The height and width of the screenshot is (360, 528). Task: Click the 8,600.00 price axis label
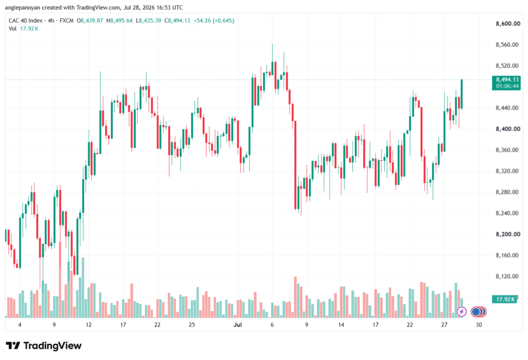[x=508, y=24]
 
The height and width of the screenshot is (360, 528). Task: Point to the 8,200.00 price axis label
[x=508, y=234]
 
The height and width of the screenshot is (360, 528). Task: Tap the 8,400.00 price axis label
[x=508, y=129]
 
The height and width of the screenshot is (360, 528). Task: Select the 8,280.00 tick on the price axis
[x=507, y=192]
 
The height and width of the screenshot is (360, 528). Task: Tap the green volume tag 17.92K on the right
[x=504, y=299]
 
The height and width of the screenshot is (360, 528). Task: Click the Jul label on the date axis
[x=238, y=324]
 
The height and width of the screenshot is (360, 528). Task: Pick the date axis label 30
[x=478, y=324]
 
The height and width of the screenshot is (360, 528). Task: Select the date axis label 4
[x=20, y=324]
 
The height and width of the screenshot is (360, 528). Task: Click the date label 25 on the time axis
[x=192, y=324]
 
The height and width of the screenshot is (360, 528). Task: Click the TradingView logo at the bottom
[x=44, y=346]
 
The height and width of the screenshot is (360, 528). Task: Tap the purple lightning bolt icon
[x=461, y=312]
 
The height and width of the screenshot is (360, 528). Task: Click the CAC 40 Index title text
[x=26, y=21]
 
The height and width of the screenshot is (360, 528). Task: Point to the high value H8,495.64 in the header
[x=120, y=21]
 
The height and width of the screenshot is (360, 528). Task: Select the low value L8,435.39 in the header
[x=148, y=21]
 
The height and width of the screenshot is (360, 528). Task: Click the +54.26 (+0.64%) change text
[x=214, y=21]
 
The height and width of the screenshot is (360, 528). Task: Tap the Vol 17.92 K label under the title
[x=24, y=29]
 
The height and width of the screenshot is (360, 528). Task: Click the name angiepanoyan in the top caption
[x=23, y=7]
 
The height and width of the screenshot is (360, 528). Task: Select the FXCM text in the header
[x=67, y=21]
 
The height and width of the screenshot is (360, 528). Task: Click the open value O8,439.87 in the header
[x=90, y=21]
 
